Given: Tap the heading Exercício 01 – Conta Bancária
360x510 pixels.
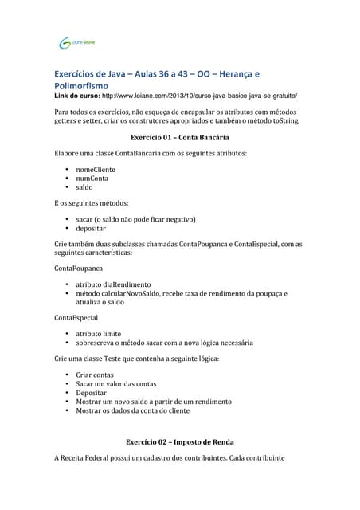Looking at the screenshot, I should pyautogui.click(x=178, y=136).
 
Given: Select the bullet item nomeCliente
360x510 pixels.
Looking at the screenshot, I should pyautogui.click(x=95, y=170).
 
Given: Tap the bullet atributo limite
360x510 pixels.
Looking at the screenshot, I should pyautogui.click(x=98, y=334).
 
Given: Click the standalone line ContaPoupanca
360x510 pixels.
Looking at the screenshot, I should pyautogui.click(x=78, y=269).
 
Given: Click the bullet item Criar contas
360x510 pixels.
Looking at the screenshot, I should pyautogui.click(x=95, y=375).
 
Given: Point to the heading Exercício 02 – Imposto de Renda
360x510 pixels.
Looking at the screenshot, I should pyautogui.click(x=180, y=441).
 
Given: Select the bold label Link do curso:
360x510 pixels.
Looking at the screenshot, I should pyautogui.click(x=80, y=95).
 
